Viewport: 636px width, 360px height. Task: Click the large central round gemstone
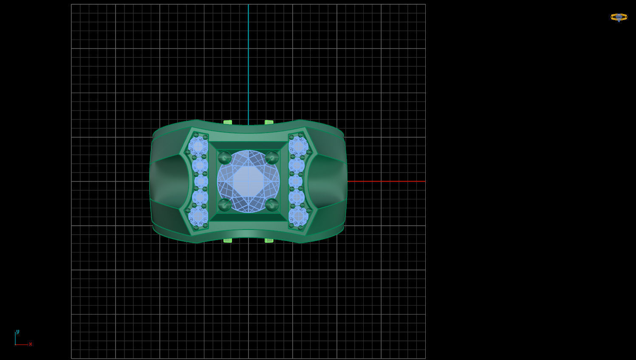point(249,181)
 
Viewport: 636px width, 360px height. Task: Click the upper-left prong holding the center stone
point(224,158)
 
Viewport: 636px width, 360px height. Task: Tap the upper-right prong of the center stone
point(272,158)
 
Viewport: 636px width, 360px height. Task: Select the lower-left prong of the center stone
point(224,205)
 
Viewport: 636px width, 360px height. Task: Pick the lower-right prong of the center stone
point(272,205)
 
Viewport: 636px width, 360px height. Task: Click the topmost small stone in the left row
point(198,146)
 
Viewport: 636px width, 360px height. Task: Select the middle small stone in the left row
point(201,181)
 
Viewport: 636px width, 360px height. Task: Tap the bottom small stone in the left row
point(198,216)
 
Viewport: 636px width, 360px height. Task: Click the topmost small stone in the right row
point(298,146)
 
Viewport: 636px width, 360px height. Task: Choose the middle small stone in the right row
point(295,181)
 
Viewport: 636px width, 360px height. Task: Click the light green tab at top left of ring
point(228,122)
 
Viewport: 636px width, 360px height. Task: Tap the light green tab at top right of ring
point(269,122)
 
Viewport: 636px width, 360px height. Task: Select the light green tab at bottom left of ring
point(228,241)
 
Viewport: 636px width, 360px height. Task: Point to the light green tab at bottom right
point(269,241)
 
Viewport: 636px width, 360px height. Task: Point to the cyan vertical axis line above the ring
point(249,64)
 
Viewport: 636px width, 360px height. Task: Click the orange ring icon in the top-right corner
point(619,17)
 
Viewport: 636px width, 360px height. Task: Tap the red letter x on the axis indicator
point(31,344)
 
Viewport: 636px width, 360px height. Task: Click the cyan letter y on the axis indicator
point(17,332)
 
